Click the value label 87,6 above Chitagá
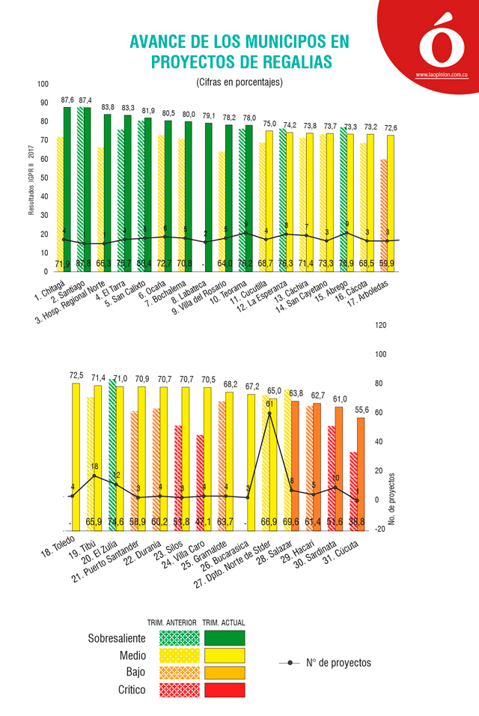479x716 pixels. click(67, 99)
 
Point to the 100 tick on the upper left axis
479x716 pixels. click(43, 84)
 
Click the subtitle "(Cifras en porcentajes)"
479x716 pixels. click(239, 82)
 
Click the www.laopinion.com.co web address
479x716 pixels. click(442, 75)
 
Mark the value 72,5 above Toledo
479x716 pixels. click(76, 375)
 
